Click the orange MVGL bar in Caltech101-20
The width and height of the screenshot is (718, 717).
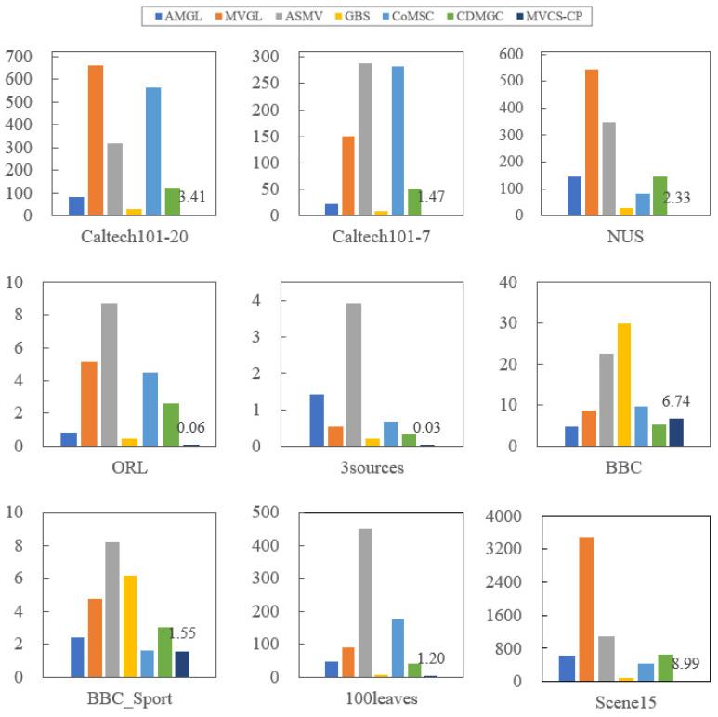pyautogui.click(x=95, y=140)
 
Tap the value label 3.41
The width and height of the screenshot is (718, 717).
pyautogui.click(x=193, y=197)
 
